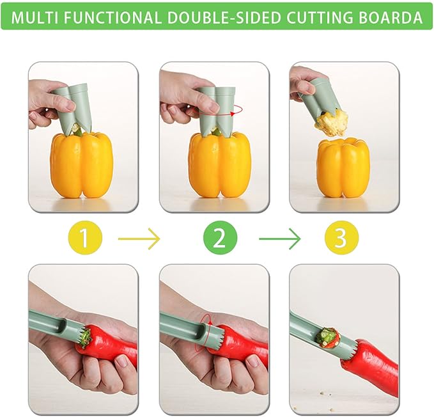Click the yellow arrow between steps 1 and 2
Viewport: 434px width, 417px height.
(139, 239)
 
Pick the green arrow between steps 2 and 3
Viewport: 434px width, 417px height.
(279, 239)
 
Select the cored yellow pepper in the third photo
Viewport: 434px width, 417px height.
(343, 168)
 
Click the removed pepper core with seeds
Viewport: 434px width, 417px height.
(332, 122)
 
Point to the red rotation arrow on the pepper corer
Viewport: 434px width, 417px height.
(236, 111)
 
